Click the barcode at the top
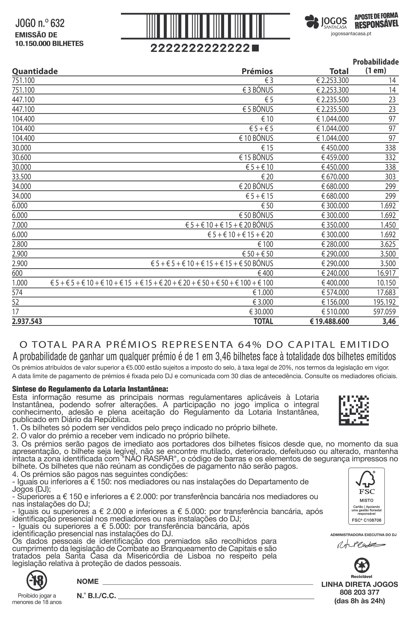click(205, 26)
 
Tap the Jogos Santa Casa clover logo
click(312, 22)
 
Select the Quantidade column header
click(35, 71)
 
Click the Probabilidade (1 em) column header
click(375, 66)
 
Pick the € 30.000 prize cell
click(261, 312)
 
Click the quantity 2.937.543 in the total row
click(27, 321)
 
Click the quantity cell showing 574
click(17, 293)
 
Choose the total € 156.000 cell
click(335, 302)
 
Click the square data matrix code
click(354, 410)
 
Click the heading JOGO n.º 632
click(40, 23)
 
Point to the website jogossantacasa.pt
click(351, 34)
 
